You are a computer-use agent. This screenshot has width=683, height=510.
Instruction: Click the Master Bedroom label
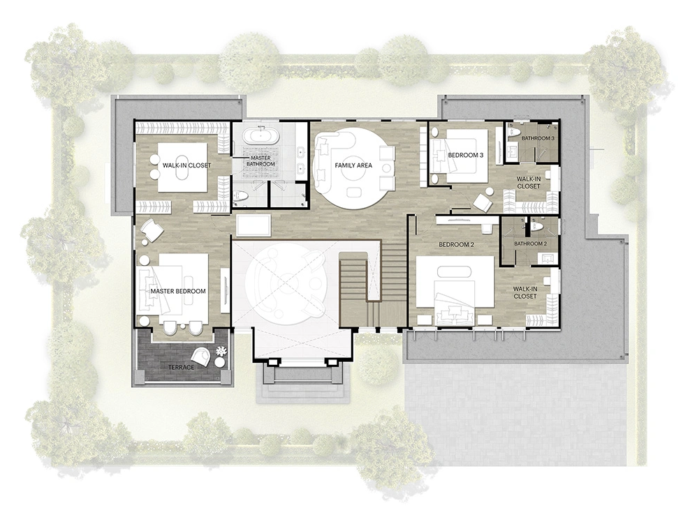[x=178, y=291]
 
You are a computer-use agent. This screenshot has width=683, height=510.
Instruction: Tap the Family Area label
[x=353, y=165]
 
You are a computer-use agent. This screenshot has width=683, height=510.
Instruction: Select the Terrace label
[x=181, y=367]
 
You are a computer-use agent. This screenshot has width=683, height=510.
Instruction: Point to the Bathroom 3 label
[x=538, y=138]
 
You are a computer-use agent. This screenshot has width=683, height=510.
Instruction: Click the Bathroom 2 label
[x=530, y=243]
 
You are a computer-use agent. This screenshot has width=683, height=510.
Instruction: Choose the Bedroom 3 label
[x=466, y=155]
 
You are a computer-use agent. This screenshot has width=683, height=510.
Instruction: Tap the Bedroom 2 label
[x=456, y=245]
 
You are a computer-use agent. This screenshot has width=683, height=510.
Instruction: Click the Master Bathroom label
[x=261, y=161]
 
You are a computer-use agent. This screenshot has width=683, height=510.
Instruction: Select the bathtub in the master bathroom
[x=260, y=135]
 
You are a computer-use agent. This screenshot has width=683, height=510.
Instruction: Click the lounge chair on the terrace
[x=200, y=357]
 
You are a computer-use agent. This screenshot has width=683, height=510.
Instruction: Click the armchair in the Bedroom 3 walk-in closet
[x=482, y=202]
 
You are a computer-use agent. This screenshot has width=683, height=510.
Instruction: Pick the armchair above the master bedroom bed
[x=151, y=230]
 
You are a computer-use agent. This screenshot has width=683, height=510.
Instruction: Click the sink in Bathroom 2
[x=548, y=257]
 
